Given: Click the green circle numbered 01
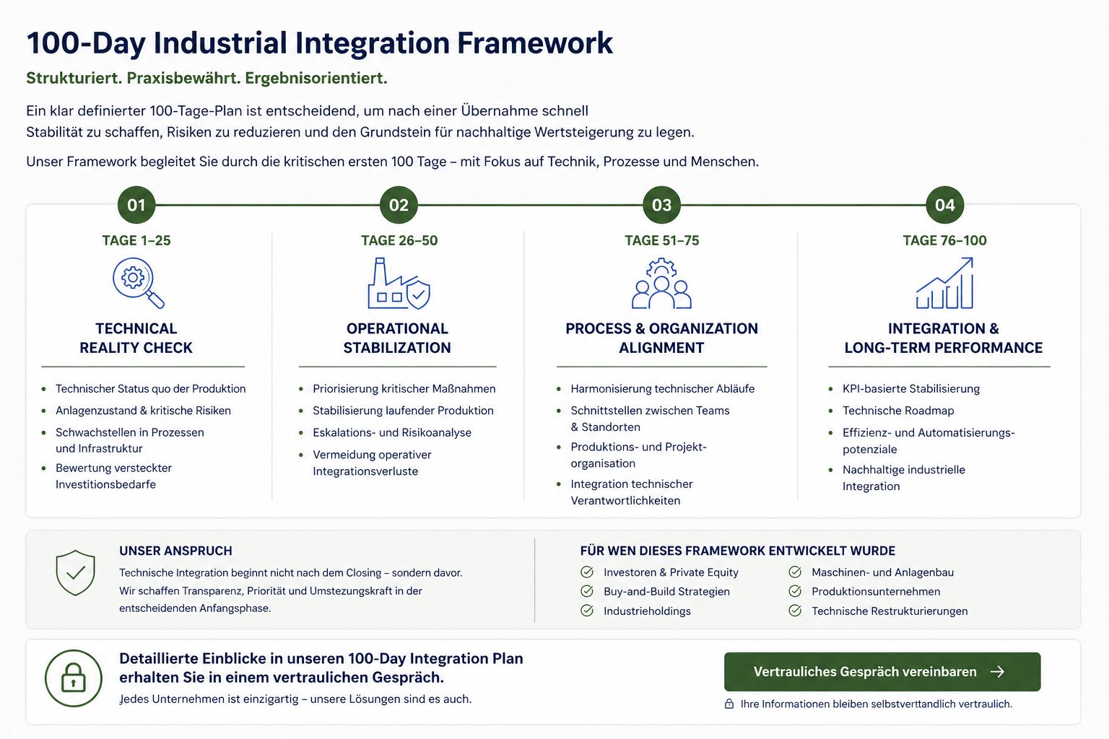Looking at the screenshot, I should [x=136, y=205].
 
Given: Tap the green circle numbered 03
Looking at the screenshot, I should [x=661, y=205].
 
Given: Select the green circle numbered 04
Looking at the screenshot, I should [x=944, y=205].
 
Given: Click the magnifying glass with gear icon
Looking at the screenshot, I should [x=137, y=282].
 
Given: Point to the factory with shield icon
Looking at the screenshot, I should [x=399, y=285].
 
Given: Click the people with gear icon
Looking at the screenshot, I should [x=661, y=284].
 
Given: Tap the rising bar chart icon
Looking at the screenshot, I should [x=944, y=284].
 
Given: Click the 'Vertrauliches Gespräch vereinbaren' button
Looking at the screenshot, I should [x=882, y=672].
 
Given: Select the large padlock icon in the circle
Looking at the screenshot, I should [x=74, y=678].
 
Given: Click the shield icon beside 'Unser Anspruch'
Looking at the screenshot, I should [x=76, y=573].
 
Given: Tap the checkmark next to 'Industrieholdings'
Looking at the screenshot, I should [x=587, y=611].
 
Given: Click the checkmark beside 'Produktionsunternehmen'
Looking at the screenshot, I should [x=795, y=591].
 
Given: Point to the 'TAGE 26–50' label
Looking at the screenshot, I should [x=399, y=240].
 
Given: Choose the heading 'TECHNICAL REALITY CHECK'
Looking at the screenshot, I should [x=136, y=338].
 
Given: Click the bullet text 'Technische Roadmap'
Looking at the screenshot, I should [x=898, y=411].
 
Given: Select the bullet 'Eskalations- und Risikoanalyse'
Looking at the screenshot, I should [x=392, y=432].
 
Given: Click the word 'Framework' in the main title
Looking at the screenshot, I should [x=535, y=43].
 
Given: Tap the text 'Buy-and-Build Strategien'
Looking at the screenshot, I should [x=666, y=591].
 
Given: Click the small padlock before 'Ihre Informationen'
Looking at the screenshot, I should [x=729, y=704].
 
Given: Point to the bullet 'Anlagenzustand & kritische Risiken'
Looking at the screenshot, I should [x=143, y=411].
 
